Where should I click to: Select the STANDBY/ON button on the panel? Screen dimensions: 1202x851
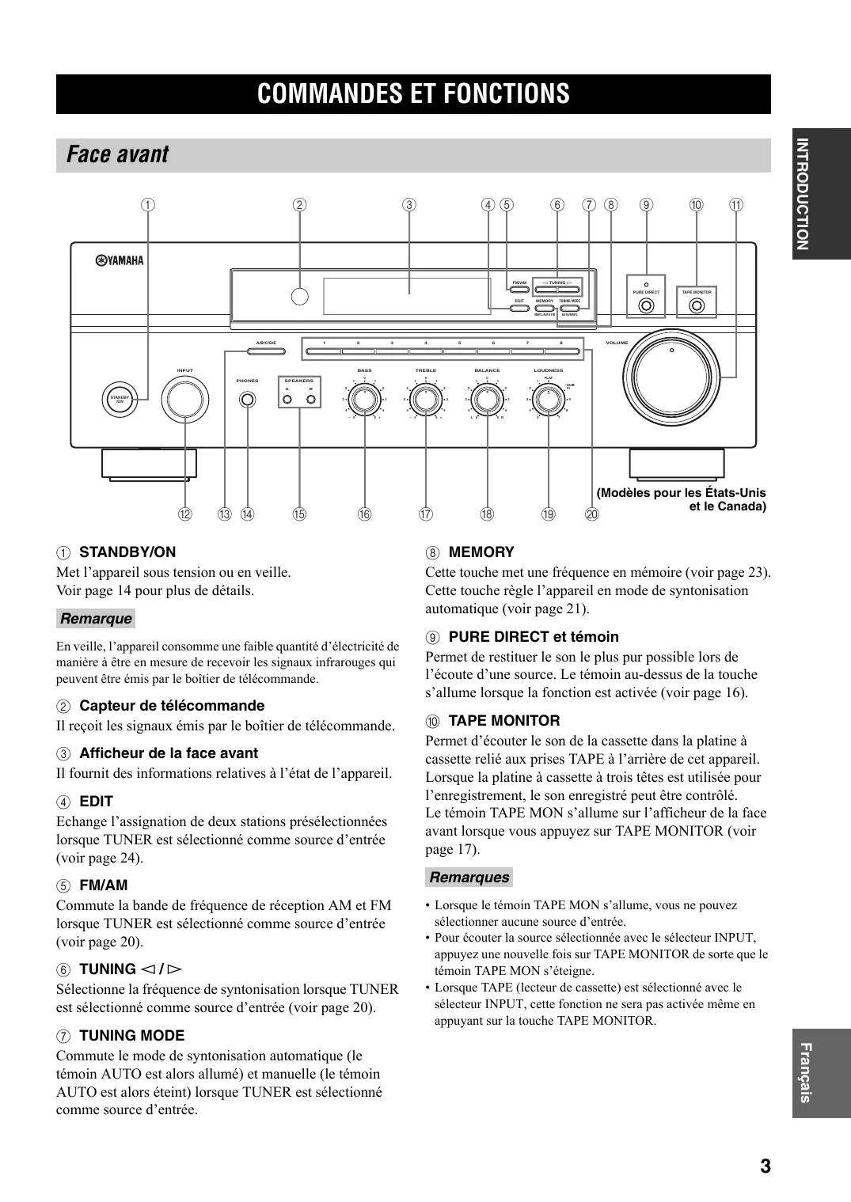pyautogui.click(x=120, y=400)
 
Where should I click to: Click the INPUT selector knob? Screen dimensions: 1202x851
pyautogui.click(x=184, y=398)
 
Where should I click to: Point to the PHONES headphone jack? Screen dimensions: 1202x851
pyautogui.click(x=248, y=400)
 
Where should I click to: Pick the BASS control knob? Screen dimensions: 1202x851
pyautogui.click(x=364, y=400)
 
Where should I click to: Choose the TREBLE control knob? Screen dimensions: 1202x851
pyautogui.click(x=426, y=400)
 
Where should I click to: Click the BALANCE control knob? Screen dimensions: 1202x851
pyautogui.click(x=487, y=400)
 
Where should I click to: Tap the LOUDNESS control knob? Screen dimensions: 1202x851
pyautogui.click(x=548, y=401)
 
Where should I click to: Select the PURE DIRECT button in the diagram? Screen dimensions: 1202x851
pyautogui.click(x=647, y=305)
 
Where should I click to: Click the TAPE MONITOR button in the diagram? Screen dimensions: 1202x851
pyautogui.click(x=697, y=305)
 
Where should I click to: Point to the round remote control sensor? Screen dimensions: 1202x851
pyautogui.click(x=299, y=296)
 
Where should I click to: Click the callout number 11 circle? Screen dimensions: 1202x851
pyautogui.click(x=736, y=205)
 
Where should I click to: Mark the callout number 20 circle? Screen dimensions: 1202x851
pyautogui.click(x=592, y=514)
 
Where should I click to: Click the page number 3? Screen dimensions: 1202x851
pyautogui.click(x=765, y=1166)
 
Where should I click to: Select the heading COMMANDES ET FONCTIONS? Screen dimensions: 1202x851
pyautogui.click(x=413, y=94)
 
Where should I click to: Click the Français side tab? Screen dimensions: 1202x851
pyautogui.click(x=821, y=1073)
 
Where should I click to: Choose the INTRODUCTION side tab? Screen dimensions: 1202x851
pyautogui.click(x=821, y=193)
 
